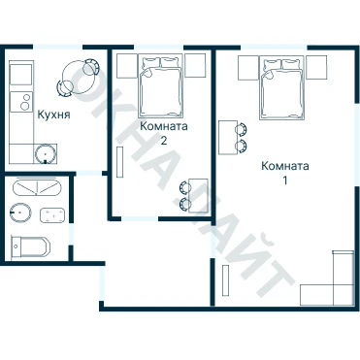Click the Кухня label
pos(53,115)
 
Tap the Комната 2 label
pos(164,133)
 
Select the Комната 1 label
pos(284,173)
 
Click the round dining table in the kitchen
pos(79,77)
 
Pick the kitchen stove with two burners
pos(21,102)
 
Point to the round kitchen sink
pos(46,153)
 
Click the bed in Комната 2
pos(160,86)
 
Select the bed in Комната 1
pos(282,88)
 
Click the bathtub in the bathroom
pos(37,187)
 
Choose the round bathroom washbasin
pos(20,213)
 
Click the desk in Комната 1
pos(228,138)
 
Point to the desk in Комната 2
pos(198,195)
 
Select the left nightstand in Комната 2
pos(127,66)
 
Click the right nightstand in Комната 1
pos(316,68)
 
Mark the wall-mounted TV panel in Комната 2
pos(120,162)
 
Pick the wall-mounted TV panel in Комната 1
pos(226,280)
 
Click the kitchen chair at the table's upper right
pos(91,67)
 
